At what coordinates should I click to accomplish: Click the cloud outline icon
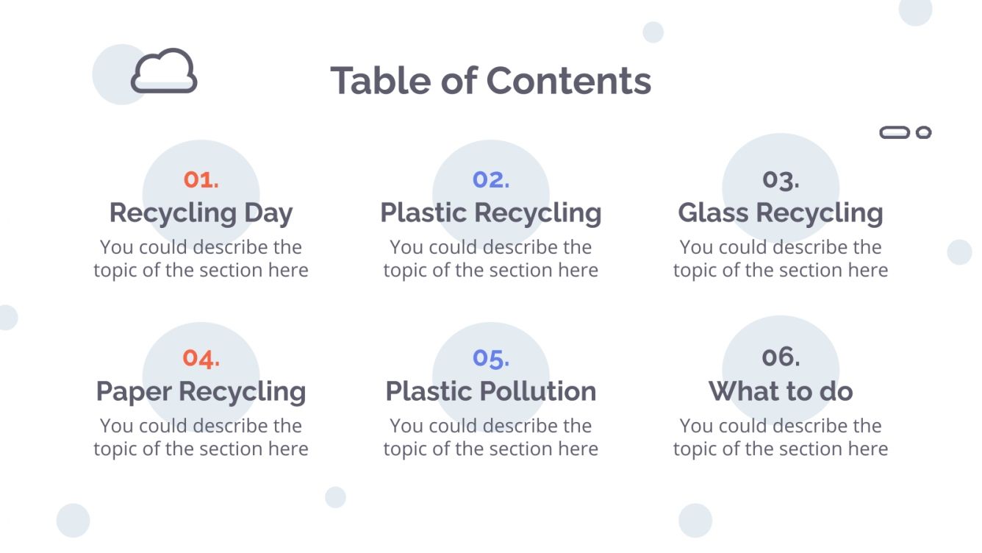(164, 71)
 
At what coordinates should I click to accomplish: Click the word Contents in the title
(568, 80)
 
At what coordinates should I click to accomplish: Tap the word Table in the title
(380, 80)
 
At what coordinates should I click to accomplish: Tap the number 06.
(780, 357)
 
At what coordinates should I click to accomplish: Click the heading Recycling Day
(201, 213)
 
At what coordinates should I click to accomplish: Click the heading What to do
(780, 391)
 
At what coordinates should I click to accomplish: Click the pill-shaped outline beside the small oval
(895, 132)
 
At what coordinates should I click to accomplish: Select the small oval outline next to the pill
(924, 132)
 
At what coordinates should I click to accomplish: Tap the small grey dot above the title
(653, 32)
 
